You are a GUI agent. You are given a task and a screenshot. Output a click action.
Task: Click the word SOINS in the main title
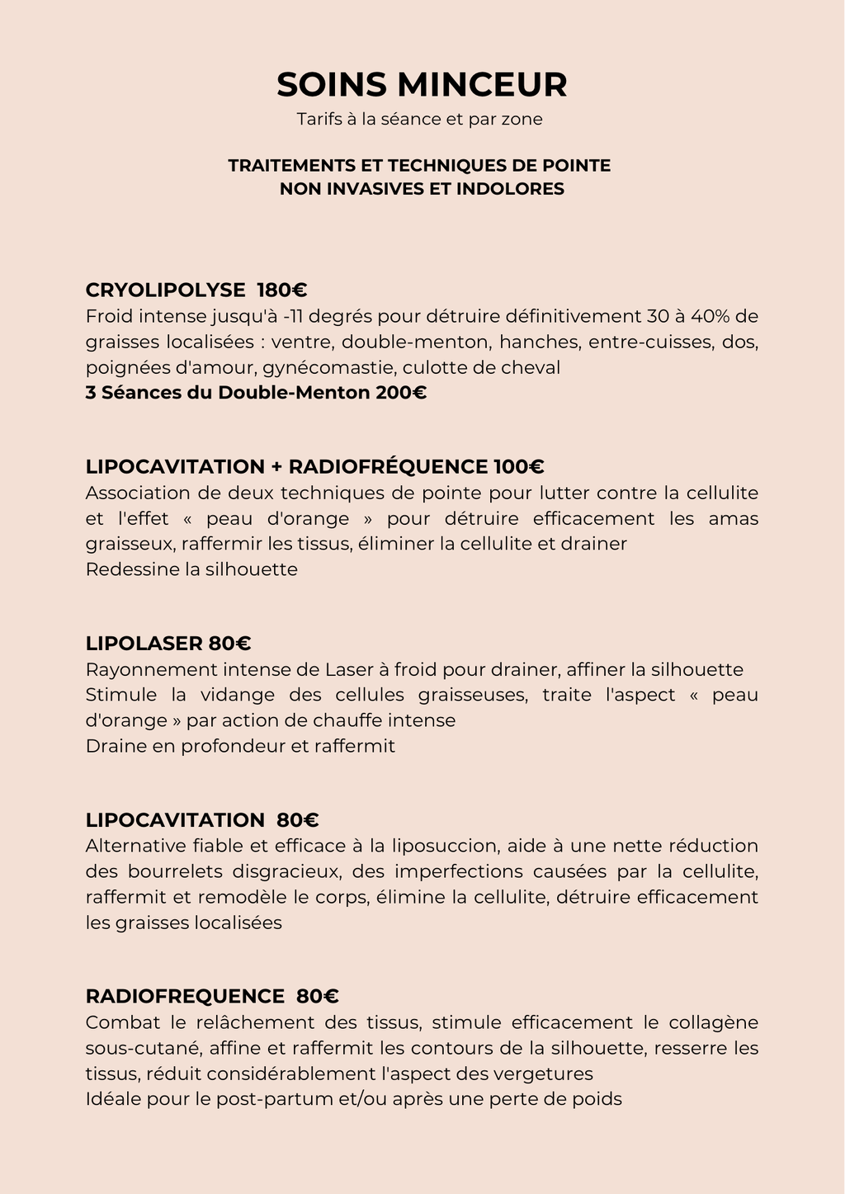coord(332,85)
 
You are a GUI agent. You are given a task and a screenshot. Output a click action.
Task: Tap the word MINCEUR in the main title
coord(483,85)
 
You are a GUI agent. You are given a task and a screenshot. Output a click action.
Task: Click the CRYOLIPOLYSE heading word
coord(165,290)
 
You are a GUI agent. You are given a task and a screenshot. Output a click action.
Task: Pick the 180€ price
coord(282,290)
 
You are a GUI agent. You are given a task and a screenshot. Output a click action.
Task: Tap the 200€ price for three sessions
coord(401,392)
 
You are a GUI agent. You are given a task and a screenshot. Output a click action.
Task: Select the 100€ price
coord(519,466)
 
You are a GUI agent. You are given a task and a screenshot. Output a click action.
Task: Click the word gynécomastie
coord(329,367)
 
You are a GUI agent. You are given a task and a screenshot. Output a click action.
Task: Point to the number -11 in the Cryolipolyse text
coord(293,316)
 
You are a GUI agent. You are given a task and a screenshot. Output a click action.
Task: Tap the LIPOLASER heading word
coord(144,643)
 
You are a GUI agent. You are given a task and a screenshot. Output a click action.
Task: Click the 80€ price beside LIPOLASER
coord(229,643)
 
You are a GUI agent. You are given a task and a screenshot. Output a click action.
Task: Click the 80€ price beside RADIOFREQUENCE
coord(318,996)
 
